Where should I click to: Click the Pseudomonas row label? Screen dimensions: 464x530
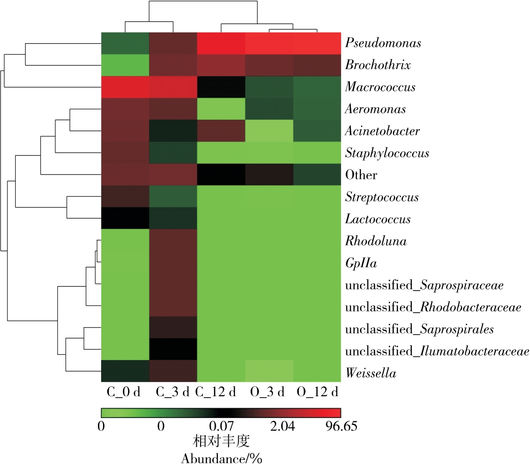(x=383, y=43)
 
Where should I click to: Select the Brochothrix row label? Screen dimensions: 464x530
(x=378, y=65)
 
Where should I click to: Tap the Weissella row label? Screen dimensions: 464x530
(x=370, y=373)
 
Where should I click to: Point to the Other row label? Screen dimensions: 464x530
(x=361, y=175)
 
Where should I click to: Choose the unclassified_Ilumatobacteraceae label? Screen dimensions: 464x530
(x=437, y=351)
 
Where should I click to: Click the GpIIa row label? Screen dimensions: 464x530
(x=361, y=264)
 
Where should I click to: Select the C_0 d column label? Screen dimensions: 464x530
(x=123, y=392)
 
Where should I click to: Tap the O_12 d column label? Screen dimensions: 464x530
(x=318, y=392)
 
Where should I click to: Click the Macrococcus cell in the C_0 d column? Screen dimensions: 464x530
(x=125, y=87)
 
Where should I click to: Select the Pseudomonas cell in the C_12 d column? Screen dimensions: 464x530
(x=221, y=43)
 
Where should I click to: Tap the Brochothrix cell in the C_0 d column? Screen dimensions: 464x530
(x=125, y=65)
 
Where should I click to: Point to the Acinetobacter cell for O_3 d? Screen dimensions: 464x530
(x=269, y=131)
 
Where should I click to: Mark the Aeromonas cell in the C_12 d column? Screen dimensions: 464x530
(x=221, y=109)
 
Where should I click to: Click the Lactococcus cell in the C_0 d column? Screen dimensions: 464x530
(x=125, y=219)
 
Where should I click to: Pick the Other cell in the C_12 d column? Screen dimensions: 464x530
(x=221, y=175)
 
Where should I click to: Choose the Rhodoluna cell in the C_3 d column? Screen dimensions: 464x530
(x=173, y=241)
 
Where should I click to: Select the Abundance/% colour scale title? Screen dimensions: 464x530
(x=221, y=458)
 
